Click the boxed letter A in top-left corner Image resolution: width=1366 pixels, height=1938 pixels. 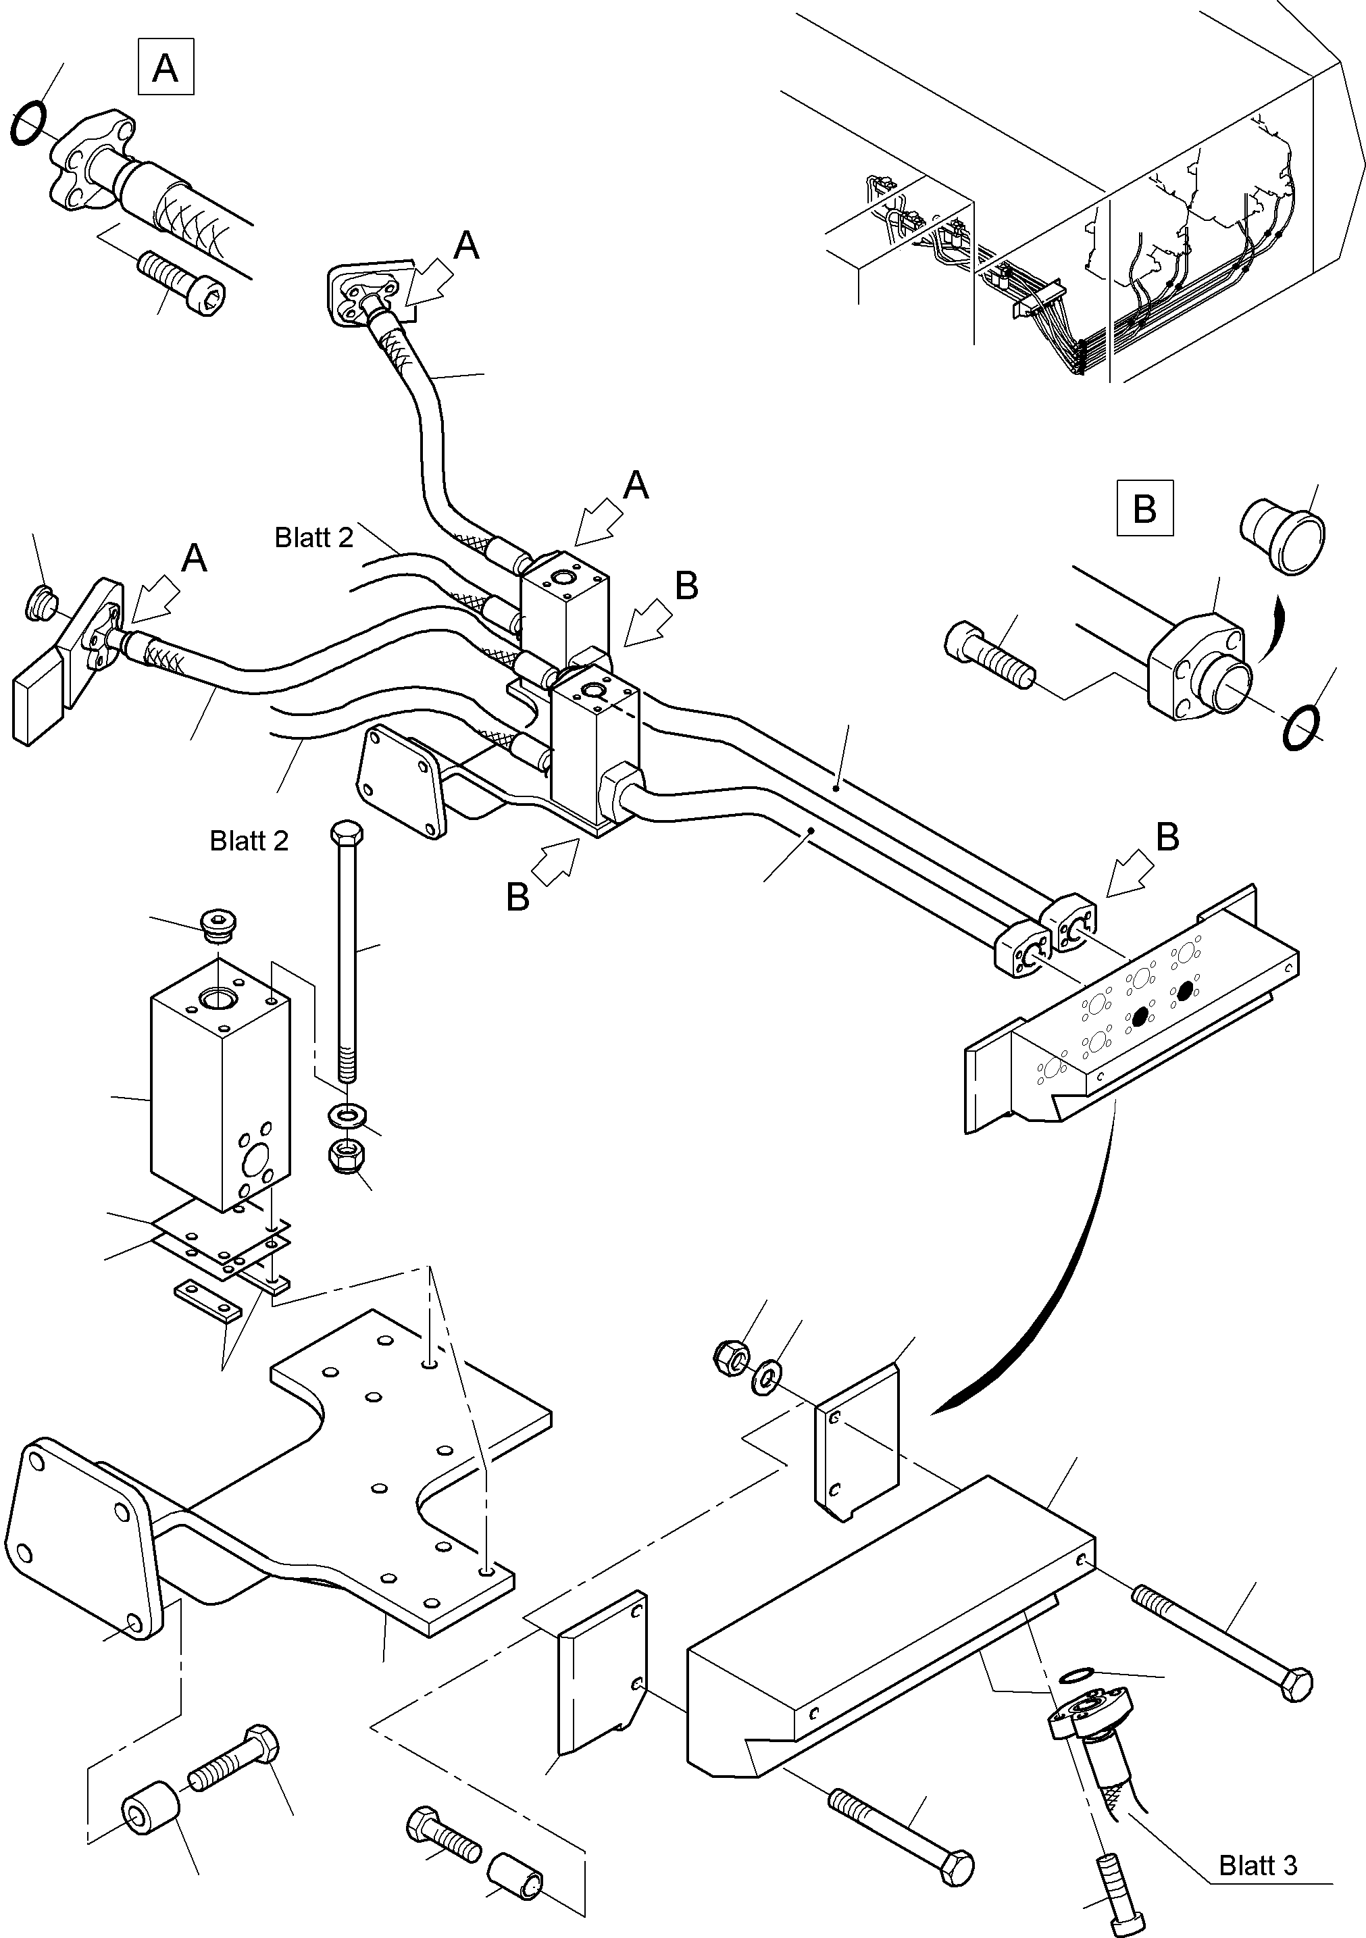tap(166, 67)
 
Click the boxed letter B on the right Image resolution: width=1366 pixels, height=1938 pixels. tap(1144, 508)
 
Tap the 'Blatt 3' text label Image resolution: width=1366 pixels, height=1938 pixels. tap(1257, 1864)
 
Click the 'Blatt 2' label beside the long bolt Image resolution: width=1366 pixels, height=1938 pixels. tap(249, 841)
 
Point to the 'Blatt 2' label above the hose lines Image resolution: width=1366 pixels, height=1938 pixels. tap(313, 538)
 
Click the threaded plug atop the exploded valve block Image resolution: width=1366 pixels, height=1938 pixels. tap(218, 923)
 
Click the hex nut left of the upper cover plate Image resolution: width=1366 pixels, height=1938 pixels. tap(731, 1356)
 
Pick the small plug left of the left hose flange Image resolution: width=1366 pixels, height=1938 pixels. tap(39, 602)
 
